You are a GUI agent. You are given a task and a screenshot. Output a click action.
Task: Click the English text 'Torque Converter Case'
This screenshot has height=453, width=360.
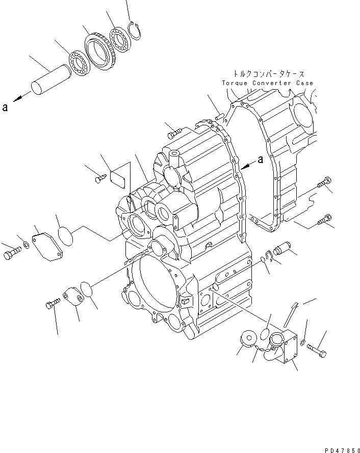click(x=267, y=83)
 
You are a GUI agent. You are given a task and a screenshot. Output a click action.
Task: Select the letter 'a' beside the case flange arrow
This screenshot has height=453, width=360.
click(x=261, y=159)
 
